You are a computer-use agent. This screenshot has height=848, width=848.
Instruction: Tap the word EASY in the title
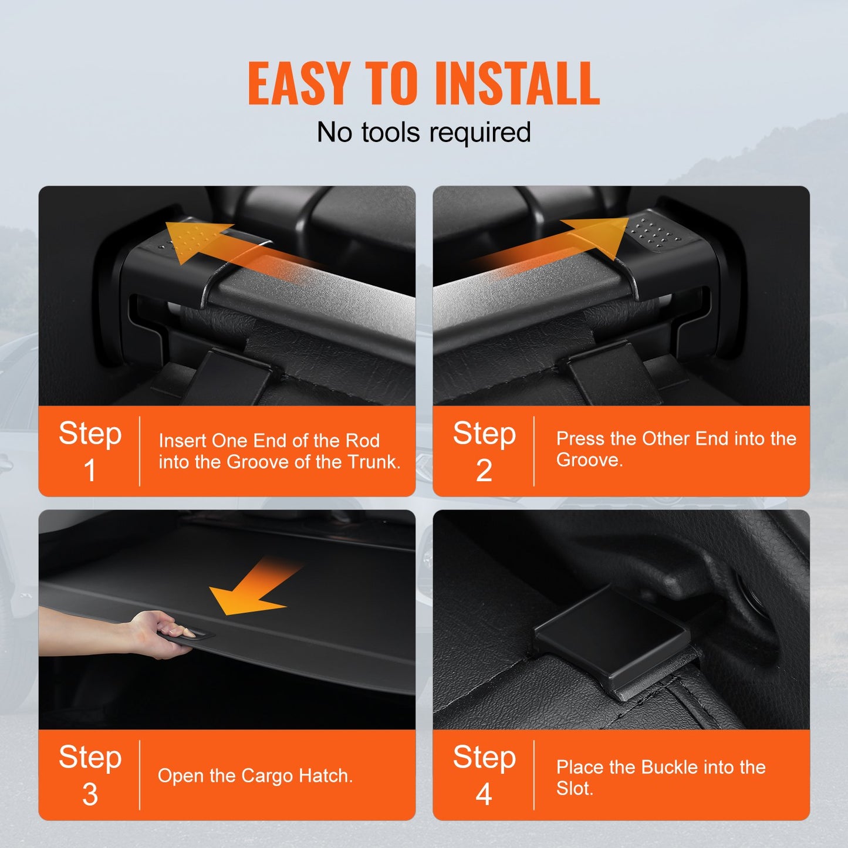click(299, 83)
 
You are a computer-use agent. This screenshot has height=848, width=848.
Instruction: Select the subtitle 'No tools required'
click(424, 132)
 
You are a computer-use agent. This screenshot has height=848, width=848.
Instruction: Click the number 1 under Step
click(90, 471)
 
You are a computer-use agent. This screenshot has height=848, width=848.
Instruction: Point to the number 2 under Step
click(484, 471)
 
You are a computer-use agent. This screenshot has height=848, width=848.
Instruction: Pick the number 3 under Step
click(90, 795)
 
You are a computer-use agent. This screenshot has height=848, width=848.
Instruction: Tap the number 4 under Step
click(484, 795)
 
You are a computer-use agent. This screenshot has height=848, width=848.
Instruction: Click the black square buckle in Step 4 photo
click(610, 637)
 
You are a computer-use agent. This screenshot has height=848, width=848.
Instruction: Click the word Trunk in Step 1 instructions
click(373, 462)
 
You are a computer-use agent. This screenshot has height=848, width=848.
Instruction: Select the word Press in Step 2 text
click(580, 438)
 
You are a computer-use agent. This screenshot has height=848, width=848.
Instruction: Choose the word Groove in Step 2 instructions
click(588, 460)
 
